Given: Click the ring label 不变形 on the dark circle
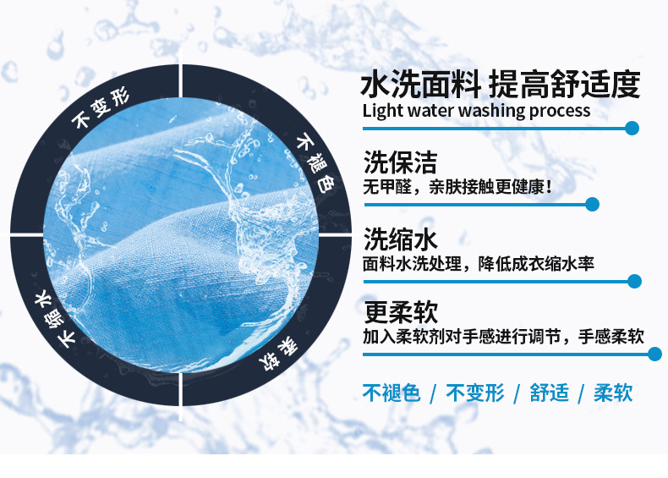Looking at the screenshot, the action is tap(100, 109).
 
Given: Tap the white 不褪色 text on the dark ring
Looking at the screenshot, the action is tap(315, 163).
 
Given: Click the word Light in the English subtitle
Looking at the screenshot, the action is tap(382, 111).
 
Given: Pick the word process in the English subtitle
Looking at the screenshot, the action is tap(560, 112).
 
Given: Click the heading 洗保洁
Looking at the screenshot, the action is tap(400, 162).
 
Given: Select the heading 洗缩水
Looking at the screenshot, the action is tap(400, 239).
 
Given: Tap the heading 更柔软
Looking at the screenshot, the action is tap(401, 312).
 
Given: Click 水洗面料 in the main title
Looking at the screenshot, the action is tap(421, 84).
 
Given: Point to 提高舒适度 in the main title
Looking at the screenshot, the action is tap(565, 84).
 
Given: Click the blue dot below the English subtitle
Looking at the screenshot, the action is tap(632, 128).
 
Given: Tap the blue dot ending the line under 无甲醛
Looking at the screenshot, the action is tap(592, 204).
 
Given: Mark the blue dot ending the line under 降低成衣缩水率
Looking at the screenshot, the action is tap(634, 281).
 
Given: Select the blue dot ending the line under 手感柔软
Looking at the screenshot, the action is tap(654, 354).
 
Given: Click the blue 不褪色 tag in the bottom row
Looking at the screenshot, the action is tap(391, 393).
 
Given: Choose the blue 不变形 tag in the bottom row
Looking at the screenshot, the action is tap(475, 393).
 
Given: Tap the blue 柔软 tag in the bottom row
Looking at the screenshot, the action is tap(613, 393).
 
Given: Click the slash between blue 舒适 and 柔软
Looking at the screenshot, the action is tap(581, 393).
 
